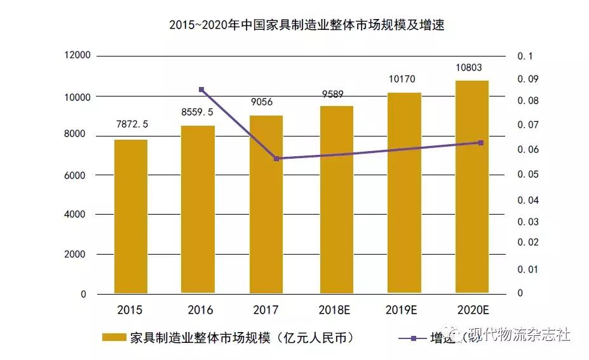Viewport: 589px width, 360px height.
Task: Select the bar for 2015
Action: pyautogui.click(x=130, y=216)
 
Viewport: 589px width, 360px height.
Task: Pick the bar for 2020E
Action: pyautogui.click(x=472, y=187)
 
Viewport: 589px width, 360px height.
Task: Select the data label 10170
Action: pyautogui.click(x=404, y=79)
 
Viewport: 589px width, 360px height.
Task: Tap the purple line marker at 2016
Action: pyautogui.click(x=201, y=90)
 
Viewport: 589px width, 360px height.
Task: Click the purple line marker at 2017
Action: pyautogui.click(x=276, y=158)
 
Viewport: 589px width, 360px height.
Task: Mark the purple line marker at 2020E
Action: pyautogui.click(x=481, y=143)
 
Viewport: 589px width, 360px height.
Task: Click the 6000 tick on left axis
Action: pyautogui.click(x=76, y=175)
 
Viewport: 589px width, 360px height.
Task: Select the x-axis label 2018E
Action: pyautogui.click(x=334, y=310)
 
